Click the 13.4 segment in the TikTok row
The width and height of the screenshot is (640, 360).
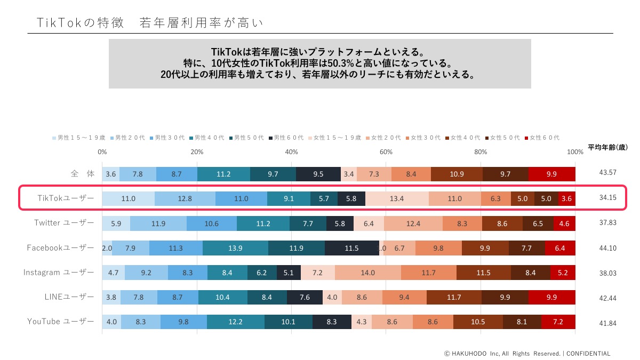click(397, 199)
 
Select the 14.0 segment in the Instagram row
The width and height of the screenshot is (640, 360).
click(367, 273)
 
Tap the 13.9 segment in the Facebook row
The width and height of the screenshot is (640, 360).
click(235, 248)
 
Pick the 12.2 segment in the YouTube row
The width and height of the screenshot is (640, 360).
click(235, 322)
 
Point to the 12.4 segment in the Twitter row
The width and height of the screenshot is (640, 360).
click(413, 223)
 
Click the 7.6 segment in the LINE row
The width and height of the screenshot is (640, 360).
click(305, 297)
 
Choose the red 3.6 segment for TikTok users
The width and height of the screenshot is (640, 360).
click(566, 199)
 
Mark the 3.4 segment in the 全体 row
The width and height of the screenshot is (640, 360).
click(349, 174)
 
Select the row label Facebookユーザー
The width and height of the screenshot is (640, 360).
click(61, 247)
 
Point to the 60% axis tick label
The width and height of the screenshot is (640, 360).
click(386, 152)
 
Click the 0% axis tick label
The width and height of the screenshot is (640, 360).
click(102, 152)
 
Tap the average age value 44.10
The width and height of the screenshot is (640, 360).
click(607, 248)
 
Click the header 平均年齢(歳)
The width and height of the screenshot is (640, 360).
click(607, 147)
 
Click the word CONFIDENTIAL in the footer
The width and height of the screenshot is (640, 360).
click(588, 353)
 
